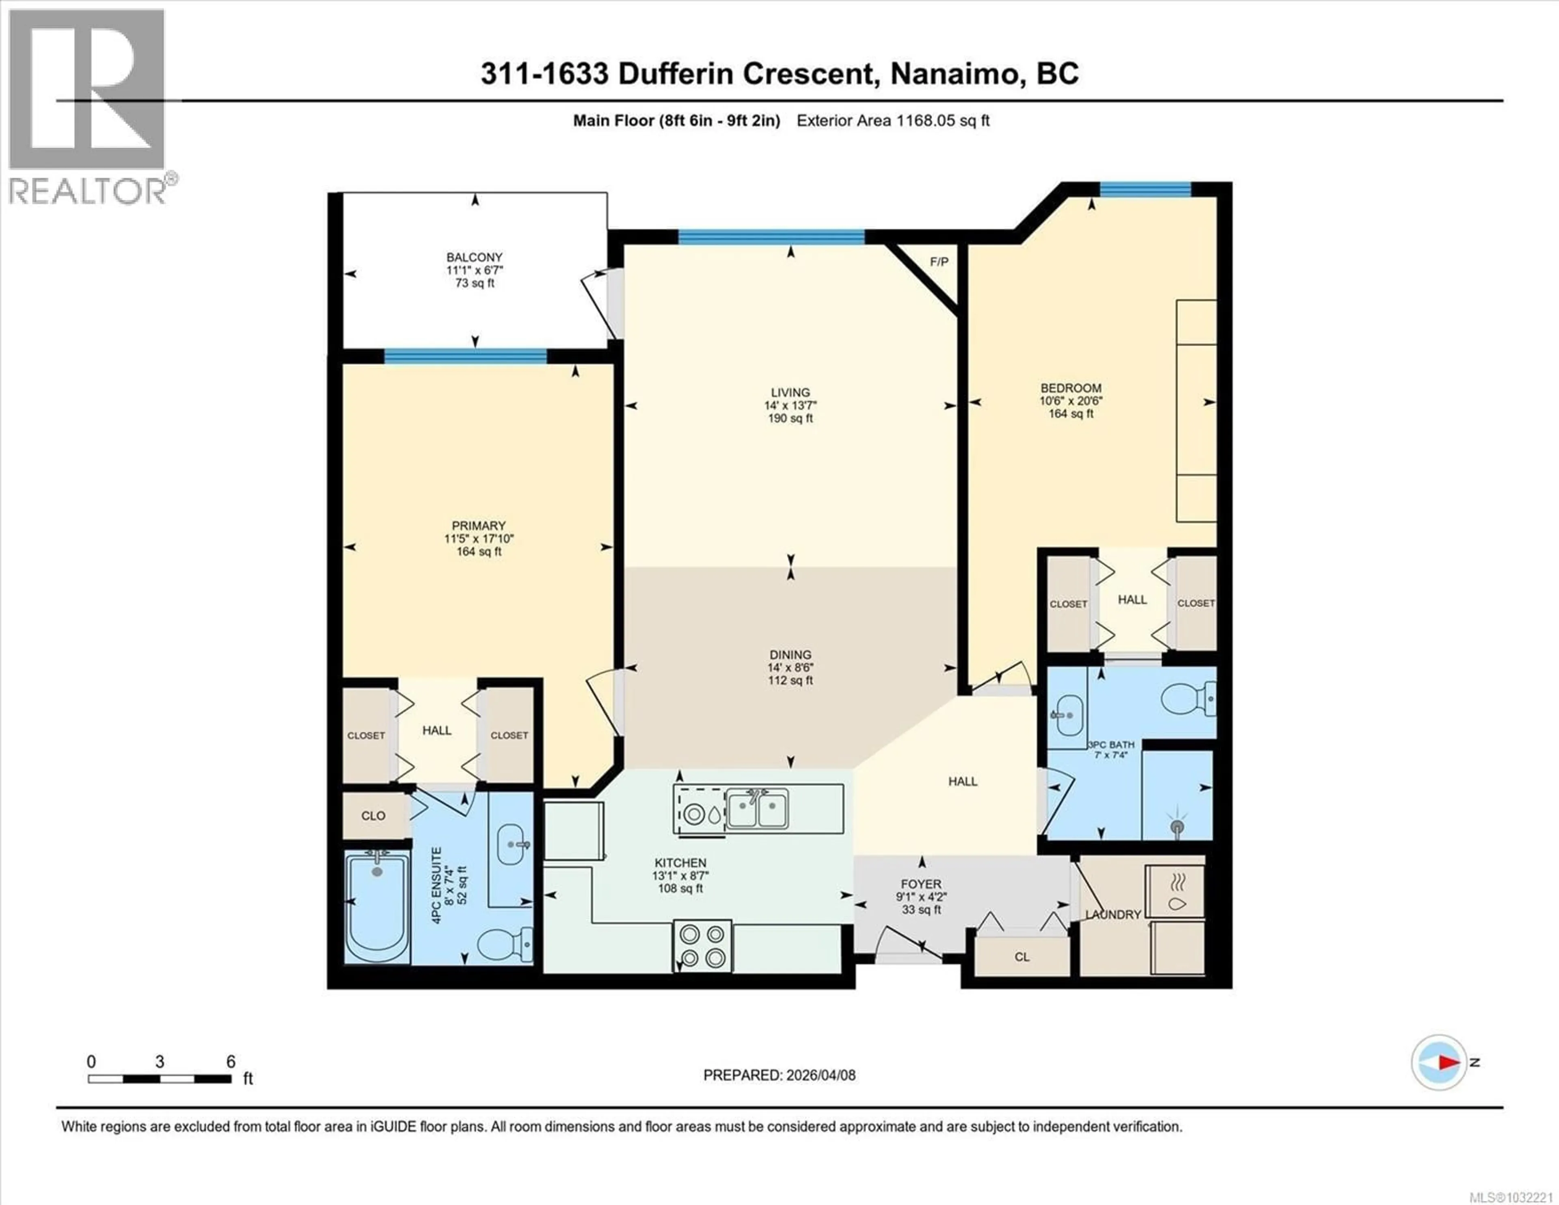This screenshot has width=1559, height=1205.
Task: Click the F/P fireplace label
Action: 939,262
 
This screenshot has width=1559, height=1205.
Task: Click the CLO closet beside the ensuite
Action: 374,816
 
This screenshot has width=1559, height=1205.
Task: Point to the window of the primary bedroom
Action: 465,357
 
